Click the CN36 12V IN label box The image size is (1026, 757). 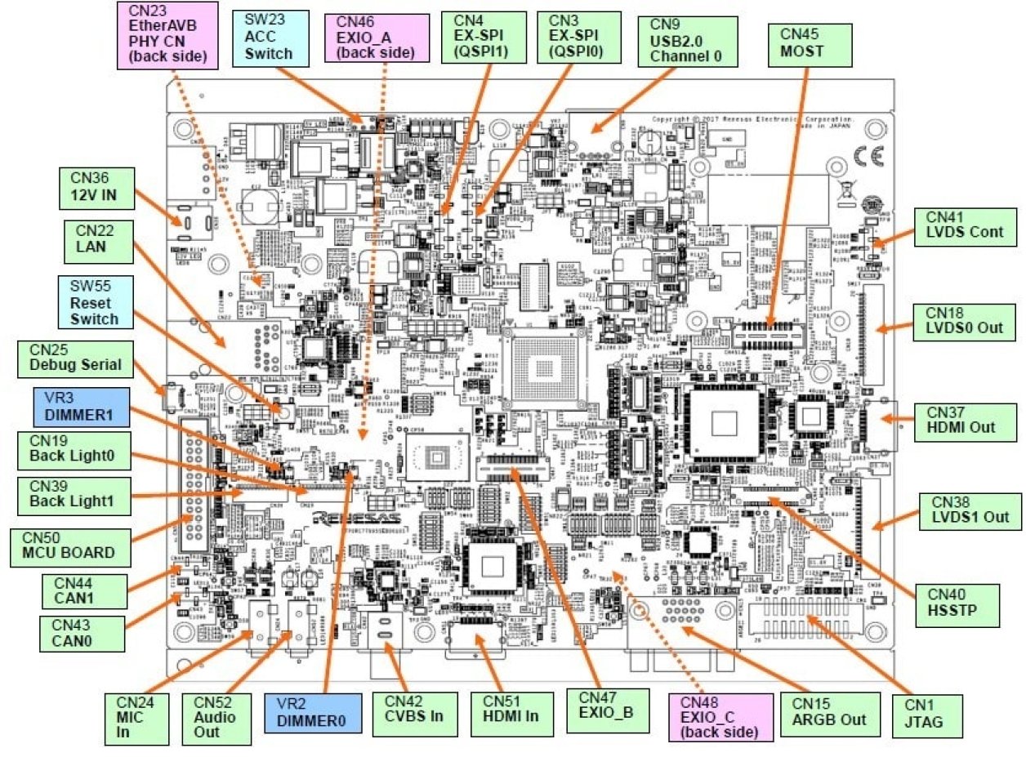point(96,187)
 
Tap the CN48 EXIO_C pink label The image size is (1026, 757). point(720,716)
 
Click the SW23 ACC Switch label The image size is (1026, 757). point(268,38)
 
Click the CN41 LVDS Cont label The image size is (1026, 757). point(964,225)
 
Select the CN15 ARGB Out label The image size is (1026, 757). point(830,712)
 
